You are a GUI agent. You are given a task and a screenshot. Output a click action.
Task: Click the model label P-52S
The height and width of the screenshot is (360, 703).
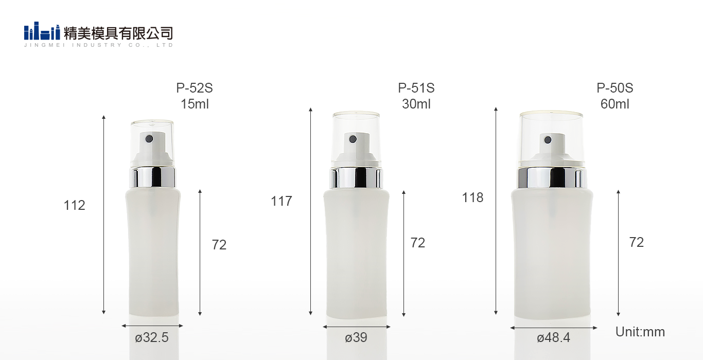coord(194,88)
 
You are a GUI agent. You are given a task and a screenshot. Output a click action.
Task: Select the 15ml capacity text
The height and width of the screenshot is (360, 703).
coord(195,104)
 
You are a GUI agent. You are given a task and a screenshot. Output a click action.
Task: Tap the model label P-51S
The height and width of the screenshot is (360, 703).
coord(416,88)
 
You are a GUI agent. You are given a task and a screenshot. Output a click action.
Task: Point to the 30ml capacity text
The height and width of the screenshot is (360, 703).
coord(416,104)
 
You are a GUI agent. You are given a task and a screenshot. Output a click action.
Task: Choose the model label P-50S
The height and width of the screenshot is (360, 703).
coord(615,88)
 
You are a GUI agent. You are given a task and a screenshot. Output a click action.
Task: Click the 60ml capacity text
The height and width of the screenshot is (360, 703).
coord(615,104)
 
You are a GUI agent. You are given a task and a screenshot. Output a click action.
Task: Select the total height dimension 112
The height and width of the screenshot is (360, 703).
coord(75,205)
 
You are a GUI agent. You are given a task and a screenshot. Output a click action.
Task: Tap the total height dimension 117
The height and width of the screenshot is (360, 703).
coord(282,201)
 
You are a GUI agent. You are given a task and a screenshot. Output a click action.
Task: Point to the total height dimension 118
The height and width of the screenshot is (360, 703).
coord(472,197)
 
